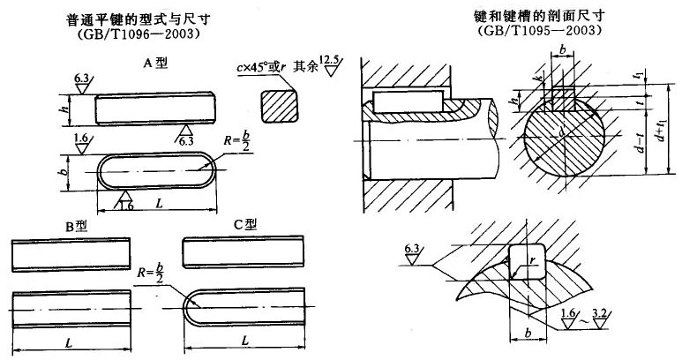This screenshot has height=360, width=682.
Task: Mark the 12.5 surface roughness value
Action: coord(330,58)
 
